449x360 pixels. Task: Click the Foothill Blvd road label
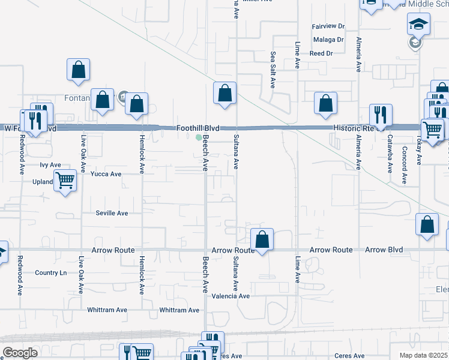pyautogui.click(x=197, y=128)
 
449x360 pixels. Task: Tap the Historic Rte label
pyautogui.click(x=358, y=128)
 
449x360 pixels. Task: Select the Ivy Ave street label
pyautogui.click(x=50, y=164)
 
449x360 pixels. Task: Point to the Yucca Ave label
pyautogui.click(x=106, y=174)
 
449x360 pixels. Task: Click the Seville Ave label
pyautogui.click(x=112, y=213)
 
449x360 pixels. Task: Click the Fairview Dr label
pyautogui.click(x=328, y=26)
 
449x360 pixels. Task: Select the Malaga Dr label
pyautogui.click(x=328, y=40)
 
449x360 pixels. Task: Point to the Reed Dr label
pyautogui.click(x=321, y=53)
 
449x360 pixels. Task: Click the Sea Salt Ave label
pyautogui.click(x=273, y=70)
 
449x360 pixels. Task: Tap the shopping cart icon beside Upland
pyautogui.click(x=65, y=179)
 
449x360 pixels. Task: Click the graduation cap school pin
pyautogui.click(x=416, y=25)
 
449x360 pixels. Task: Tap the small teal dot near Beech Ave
pyautogui.click(x=199, y=137)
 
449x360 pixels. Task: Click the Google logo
pyautogui.click(x=20, y=353)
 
